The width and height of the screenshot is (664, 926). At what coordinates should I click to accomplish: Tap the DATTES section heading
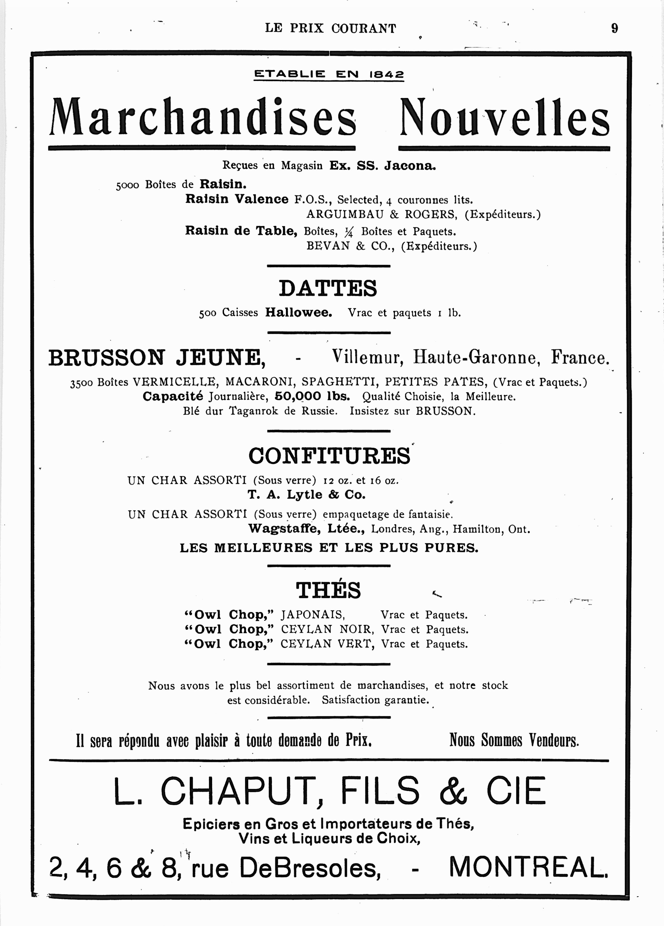pos(328,288)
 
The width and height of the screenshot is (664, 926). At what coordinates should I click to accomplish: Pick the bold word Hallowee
pos(298,313)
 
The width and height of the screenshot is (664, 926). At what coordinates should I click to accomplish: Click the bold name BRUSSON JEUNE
pos(157,358)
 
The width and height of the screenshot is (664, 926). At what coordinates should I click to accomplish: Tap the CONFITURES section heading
pos(329,456)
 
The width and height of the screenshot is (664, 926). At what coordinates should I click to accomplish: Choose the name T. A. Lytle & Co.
pos(306,495)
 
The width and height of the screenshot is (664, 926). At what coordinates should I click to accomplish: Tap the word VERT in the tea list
pos(357,644)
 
